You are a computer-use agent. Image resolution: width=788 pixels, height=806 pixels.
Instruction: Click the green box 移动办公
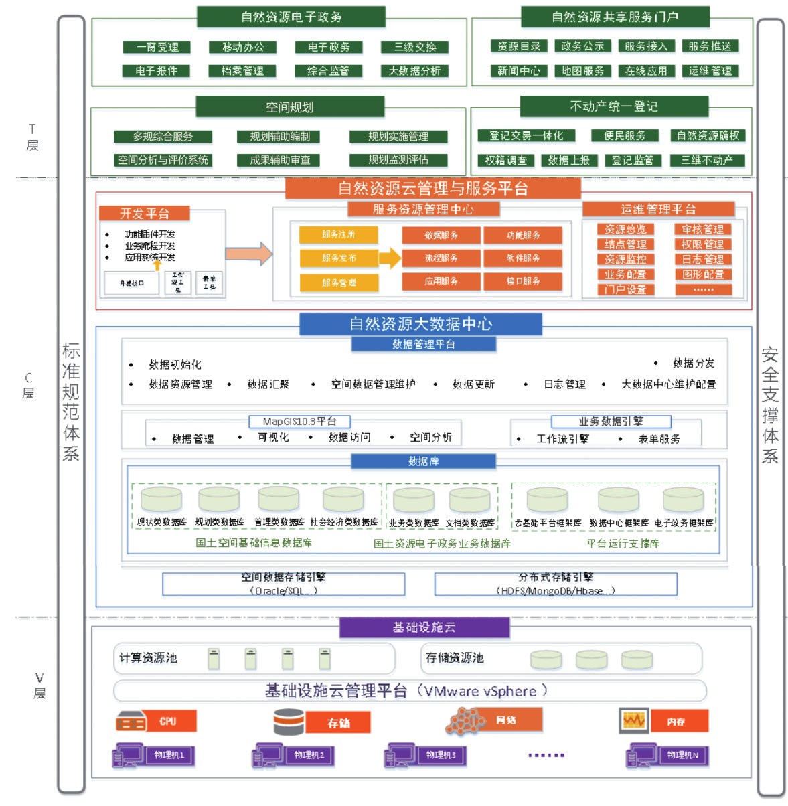tap(243, 47)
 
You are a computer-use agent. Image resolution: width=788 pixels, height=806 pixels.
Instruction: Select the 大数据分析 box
tap(414, 70)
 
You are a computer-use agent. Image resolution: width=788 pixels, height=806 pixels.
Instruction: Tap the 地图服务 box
tap(582, 70)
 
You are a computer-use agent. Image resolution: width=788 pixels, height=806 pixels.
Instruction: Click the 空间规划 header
tap(290, 107)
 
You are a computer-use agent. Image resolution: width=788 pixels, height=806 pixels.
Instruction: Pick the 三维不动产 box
tap(707, 160)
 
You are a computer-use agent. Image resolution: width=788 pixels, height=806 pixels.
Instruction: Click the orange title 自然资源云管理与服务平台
tap(432, 189)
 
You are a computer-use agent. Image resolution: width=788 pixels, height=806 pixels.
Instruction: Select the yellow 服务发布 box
tap(339, 258)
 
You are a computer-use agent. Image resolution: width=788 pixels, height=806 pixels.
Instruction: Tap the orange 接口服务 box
tap(523, 281)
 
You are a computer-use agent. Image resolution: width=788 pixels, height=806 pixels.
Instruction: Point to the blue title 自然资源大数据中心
tap(420, 324)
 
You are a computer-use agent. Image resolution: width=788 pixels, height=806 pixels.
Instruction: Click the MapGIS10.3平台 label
tap(299, 421)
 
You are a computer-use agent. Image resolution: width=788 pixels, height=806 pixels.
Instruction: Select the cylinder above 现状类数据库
tap(161, 499)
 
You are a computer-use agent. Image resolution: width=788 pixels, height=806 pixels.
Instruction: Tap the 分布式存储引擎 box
tap(556, 584)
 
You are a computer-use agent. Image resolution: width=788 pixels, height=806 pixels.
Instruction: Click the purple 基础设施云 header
tap(424, 627)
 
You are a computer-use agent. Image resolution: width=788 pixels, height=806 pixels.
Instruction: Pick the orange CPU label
tap(168, 722)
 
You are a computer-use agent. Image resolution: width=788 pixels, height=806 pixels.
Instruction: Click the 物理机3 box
tap(440, 755)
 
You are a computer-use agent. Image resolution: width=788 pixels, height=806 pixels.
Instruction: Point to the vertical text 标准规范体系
tap(71, 402)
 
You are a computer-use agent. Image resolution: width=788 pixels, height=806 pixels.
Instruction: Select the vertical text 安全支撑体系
tap(770, 405)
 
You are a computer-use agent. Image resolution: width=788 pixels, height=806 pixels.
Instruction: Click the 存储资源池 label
tap(455, 658)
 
